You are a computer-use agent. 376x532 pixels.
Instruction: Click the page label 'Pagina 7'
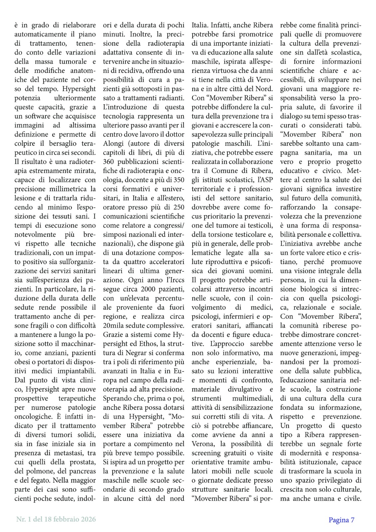[342, 520]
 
